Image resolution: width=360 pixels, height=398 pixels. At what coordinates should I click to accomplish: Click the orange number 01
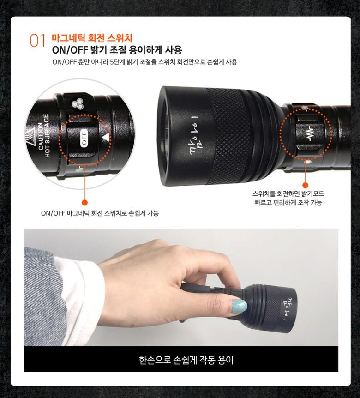37,41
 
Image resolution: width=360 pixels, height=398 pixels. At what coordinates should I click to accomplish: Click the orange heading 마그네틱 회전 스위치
92,38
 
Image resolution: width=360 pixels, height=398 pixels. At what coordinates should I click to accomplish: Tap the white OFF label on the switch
84,138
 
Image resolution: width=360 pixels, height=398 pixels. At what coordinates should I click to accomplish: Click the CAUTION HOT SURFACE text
43,136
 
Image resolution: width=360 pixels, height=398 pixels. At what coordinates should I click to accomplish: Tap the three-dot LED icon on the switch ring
78,104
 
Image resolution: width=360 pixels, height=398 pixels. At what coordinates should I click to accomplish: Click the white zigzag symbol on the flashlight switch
310,134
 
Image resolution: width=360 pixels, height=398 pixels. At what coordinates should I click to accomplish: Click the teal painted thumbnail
238,306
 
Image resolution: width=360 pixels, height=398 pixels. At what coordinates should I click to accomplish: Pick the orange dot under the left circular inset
85,203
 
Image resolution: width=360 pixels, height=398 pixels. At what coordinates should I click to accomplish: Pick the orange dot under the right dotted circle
306,185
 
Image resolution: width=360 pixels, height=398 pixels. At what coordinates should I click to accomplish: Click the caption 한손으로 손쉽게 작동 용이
186,360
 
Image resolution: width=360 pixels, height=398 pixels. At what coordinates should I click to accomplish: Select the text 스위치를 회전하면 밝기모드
288,194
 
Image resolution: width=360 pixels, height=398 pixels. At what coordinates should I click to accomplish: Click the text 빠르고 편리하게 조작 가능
288,203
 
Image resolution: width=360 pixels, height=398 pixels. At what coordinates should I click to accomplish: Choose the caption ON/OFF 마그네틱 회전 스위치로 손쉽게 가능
100,213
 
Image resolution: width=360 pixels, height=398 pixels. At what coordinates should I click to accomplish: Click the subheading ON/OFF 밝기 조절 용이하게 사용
117,50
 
